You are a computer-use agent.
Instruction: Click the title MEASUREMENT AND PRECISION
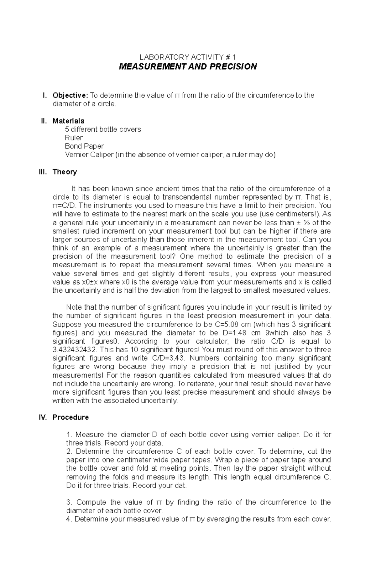click(188, 66)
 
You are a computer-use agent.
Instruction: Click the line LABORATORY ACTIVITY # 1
click(188, 57)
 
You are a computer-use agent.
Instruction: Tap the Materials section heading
click(68, 121)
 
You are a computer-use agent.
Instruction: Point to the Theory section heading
click(65, 172)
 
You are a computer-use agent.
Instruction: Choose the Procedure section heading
click(70, 417)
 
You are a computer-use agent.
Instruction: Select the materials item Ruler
click(74, 138)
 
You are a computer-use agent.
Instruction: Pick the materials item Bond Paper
click(84, 146)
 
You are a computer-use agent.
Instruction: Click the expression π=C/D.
click(65, 206)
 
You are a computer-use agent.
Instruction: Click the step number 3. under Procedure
click(69, 502)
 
